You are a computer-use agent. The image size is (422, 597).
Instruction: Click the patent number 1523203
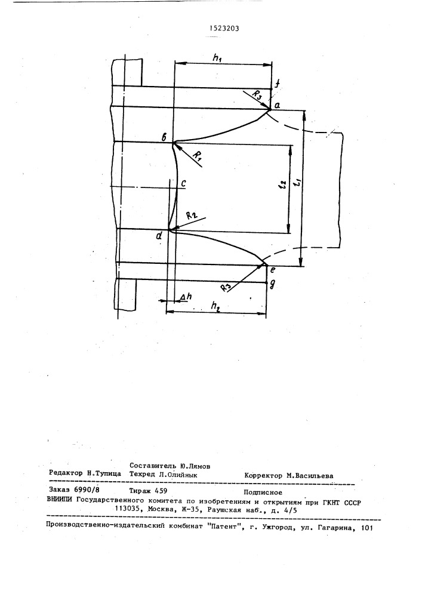(224, 28)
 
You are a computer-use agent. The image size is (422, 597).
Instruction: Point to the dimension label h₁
(218, 58)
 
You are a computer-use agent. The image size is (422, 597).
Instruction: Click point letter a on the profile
(277, 106)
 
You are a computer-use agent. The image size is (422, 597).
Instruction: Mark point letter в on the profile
(164, 138)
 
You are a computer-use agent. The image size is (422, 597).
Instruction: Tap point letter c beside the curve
(183, 183)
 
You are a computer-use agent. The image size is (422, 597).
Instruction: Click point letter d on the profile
(159, 235)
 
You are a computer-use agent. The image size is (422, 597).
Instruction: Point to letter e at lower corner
(272, 270)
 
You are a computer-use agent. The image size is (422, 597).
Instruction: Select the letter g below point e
(272, 285)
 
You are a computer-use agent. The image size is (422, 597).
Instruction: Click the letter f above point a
(278, 84)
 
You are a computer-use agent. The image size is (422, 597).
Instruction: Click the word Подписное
(263, 493)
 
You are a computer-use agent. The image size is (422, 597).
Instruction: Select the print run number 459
(159, 491)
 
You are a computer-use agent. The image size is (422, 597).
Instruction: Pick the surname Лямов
(200, 466)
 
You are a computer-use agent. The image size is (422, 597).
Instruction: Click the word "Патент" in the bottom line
(227, 527)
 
